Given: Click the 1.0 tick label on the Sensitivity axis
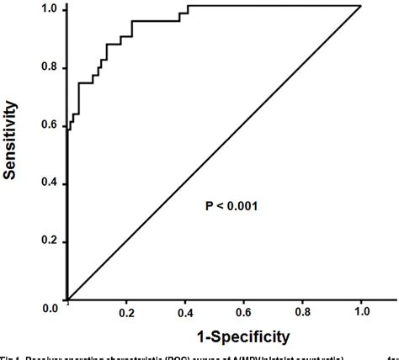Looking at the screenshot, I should [x=49, y=9].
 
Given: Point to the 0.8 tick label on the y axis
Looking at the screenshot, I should [x=49, y=67].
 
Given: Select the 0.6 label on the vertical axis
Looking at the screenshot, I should [x=49, y=125].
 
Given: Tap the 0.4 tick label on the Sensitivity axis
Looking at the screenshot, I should [x=49, y=183].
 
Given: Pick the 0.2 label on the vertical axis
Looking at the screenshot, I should [x=49, y=241].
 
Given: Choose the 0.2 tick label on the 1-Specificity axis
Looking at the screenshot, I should [x=126, y=312].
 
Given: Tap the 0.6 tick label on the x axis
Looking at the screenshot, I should [x=244, y=312].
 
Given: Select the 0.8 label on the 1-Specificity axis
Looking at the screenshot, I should [x=303, y=312].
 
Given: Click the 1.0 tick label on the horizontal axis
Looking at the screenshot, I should [x=362, y=312].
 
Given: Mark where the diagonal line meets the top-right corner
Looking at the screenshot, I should [x=360, y=7].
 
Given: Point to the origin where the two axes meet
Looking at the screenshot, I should [x=67, y=299].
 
